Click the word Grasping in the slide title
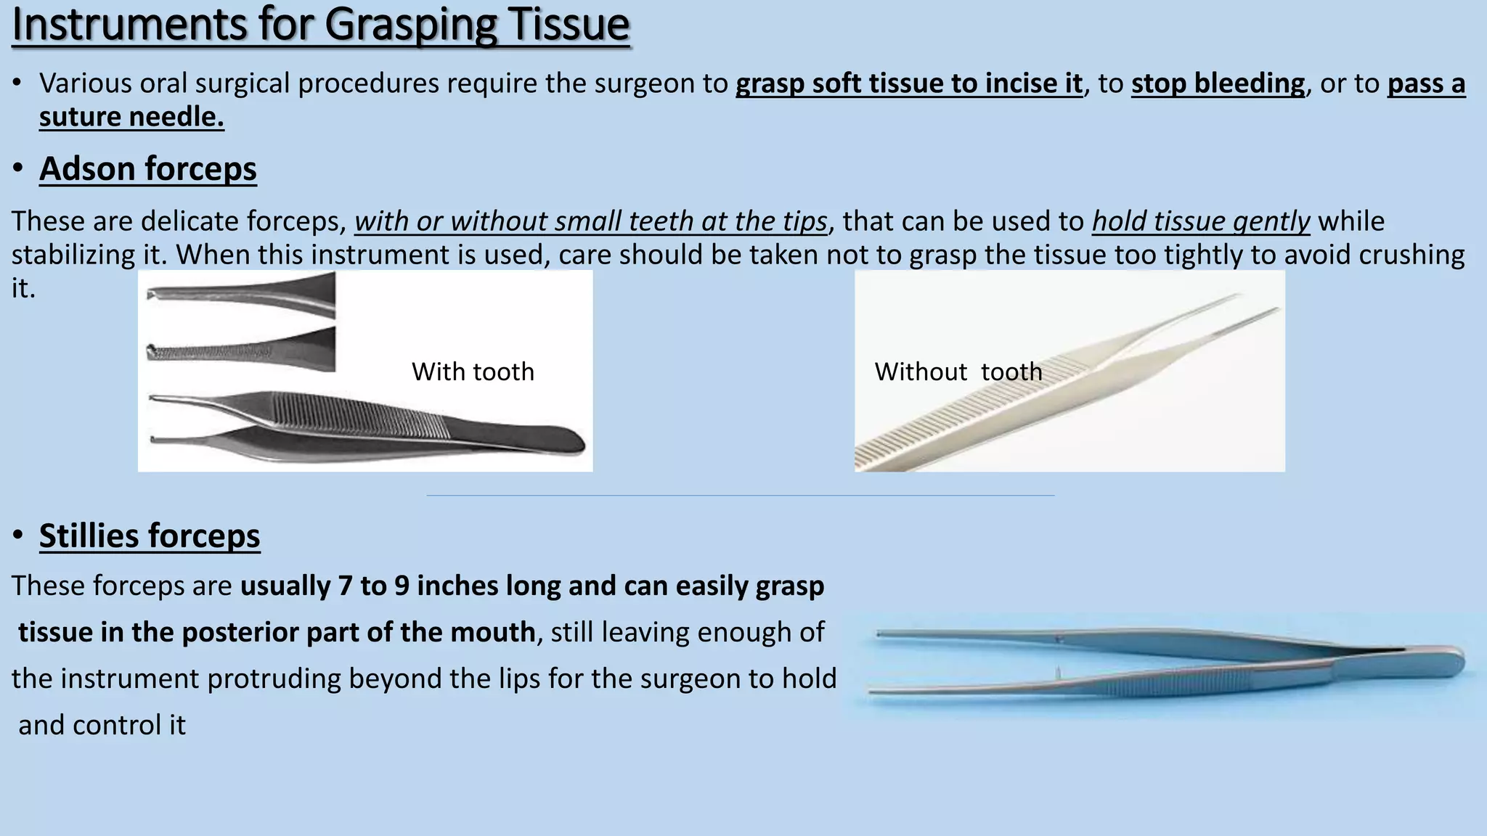pos(410,25)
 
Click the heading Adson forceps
pos(148,169)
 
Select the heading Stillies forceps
pos(150,536)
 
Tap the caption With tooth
pos(473,372)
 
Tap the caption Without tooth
pos(958,372)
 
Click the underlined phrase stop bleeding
pos(1218,83)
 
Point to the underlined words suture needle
pos(131,117)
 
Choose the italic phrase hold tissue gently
pos(1201,221)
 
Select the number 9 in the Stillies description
pos(402,586)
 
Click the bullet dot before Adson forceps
pos(18,169)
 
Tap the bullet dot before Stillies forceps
pos(18,536)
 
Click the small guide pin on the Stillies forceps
pos(1058,673)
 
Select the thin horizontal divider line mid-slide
pos(741,496)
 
